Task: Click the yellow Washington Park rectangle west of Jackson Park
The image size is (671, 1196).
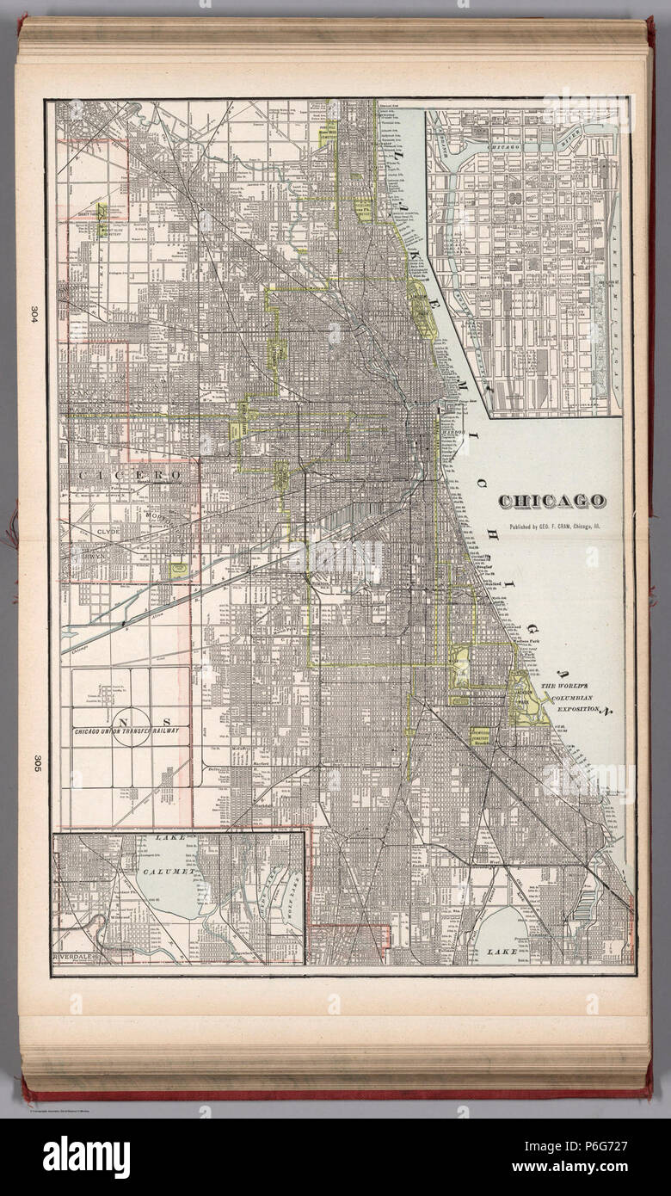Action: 461,668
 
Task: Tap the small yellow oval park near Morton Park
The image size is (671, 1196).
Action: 179,570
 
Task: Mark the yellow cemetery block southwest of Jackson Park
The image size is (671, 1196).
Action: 478,734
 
